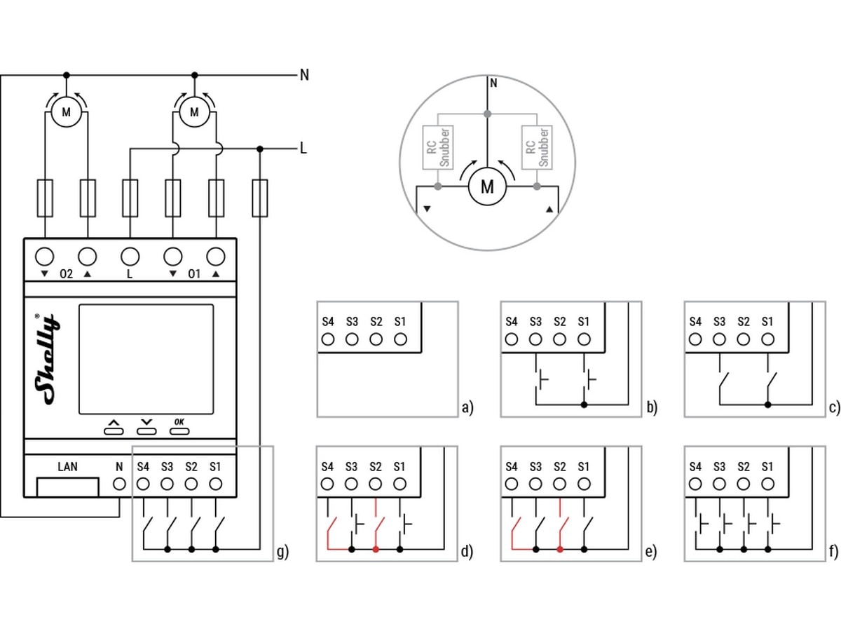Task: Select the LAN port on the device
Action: click(x=67, y=485)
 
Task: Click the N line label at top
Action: click(x=304, y=75)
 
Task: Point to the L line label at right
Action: click(x=303, y=149)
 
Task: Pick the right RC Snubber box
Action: click(x=537, y=147)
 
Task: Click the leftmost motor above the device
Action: click(x=67, y=112)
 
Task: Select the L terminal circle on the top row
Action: click(x=130, y=256)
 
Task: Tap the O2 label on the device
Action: click(x=66, y=274)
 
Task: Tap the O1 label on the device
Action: click(x=194, y=274)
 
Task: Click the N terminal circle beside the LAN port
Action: click(x=119, y=484)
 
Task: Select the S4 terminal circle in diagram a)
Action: click(x=328, y=340)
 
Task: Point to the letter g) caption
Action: click(x=282, y=552)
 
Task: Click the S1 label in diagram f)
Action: click(x=767, y=466)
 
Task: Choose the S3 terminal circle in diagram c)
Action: click(x=720, y=340)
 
